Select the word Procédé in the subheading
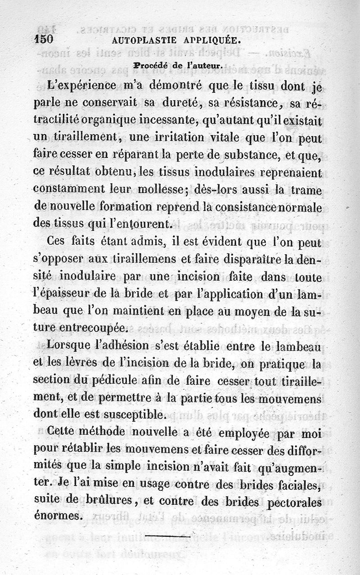[149, 65]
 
